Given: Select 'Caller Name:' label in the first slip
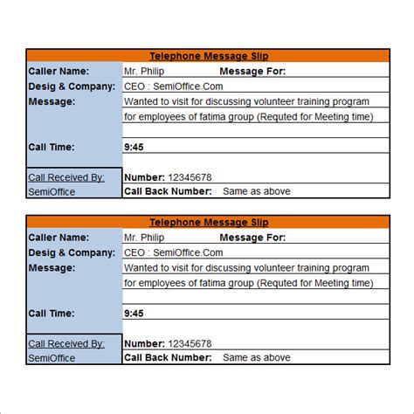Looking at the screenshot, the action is (x=59, y=71).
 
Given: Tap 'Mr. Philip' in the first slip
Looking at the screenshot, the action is (x=143, y=71).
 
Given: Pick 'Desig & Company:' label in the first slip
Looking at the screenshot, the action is (x=72, y=86).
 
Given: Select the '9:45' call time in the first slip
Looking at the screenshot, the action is (x=134, y=147).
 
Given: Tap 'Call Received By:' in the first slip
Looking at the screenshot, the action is (x=66, y=176).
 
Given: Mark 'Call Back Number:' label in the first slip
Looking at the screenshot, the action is (x=168, y=190).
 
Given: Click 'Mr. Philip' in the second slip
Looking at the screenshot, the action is (x=143, y=238).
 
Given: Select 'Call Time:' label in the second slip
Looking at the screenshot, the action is (x=51, y=313).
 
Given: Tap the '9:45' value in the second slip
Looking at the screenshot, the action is (x=134, y=313).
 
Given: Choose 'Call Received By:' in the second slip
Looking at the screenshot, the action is (x=66, y=343).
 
